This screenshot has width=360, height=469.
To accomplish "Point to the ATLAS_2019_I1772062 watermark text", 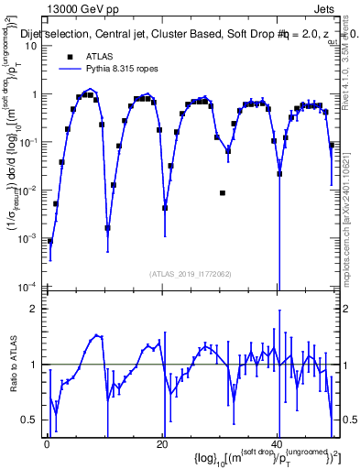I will click(190, 273).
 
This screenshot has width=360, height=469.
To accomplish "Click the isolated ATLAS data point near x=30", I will click(223, 193).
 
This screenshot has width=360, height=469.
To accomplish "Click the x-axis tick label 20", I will click(162, 444).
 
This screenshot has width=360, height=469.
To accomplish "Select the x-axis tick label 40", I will click(277, 444).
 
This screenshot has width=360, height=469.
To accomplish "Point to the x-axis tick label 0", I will click(48, 444).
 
